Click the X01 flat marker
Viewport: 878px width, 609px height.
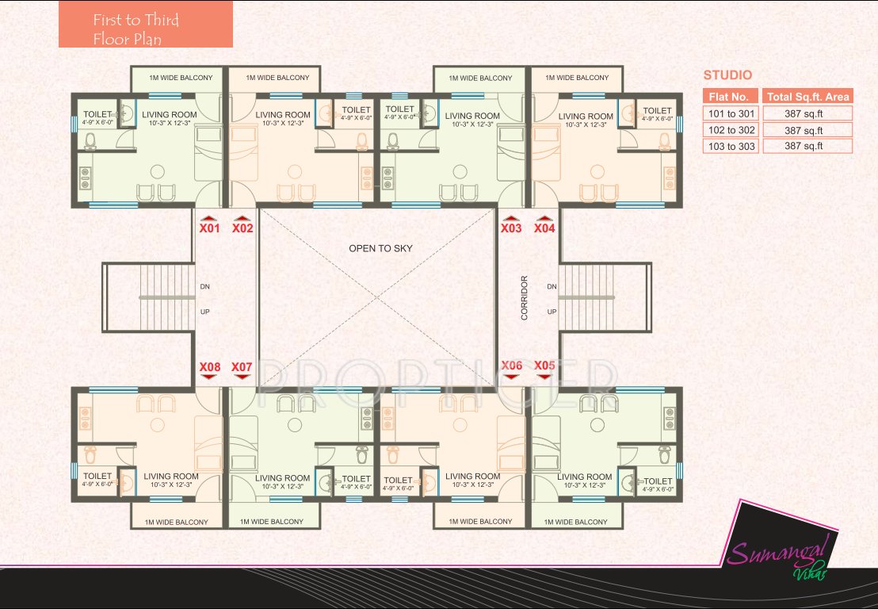click(x=208, y=228)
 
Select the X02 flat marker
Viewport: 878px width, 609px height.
click(x=242, y=228)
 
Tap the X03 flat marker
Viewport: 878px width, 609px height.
click(x=511, y=228)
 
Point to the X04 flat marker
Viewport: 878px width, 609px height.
click(x=544, y=228)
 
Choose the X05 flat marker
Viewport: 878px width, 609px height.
click(x=544, y=366)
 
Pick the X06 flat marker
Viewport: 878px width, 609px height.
click(x=512, y=366)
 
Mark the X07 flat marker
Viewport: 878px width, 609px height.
click(x=242, y=367)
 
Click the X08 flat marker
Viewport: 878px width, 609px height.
click(x=209, y=367)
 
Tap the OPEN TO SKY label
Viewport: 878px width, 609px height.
click(x=380, y=249)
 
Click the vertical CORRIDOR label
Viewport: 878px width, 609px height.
click(x=524, y=298)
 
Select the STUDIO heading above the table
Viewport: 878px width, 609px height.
click(x=727, y=76)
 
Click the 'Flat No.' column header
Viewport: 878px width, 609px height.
click(x=731, y=97)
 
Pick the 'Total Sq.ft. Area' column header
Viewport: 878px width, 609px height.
click(x=807, y=97)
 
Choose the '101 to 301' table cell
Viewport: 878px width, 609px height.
click(x=731, y=113)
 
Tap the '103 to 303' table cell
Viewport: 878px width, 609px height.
click(x=731, y=147)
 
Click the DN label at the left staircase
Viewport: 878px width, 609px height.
click(x=204, y=286)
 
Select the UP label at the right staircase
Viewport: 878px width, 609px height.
click(x=552, y=312)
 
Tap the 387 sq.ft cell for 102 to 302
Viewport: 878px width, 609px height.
click(x=807, y=130)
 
